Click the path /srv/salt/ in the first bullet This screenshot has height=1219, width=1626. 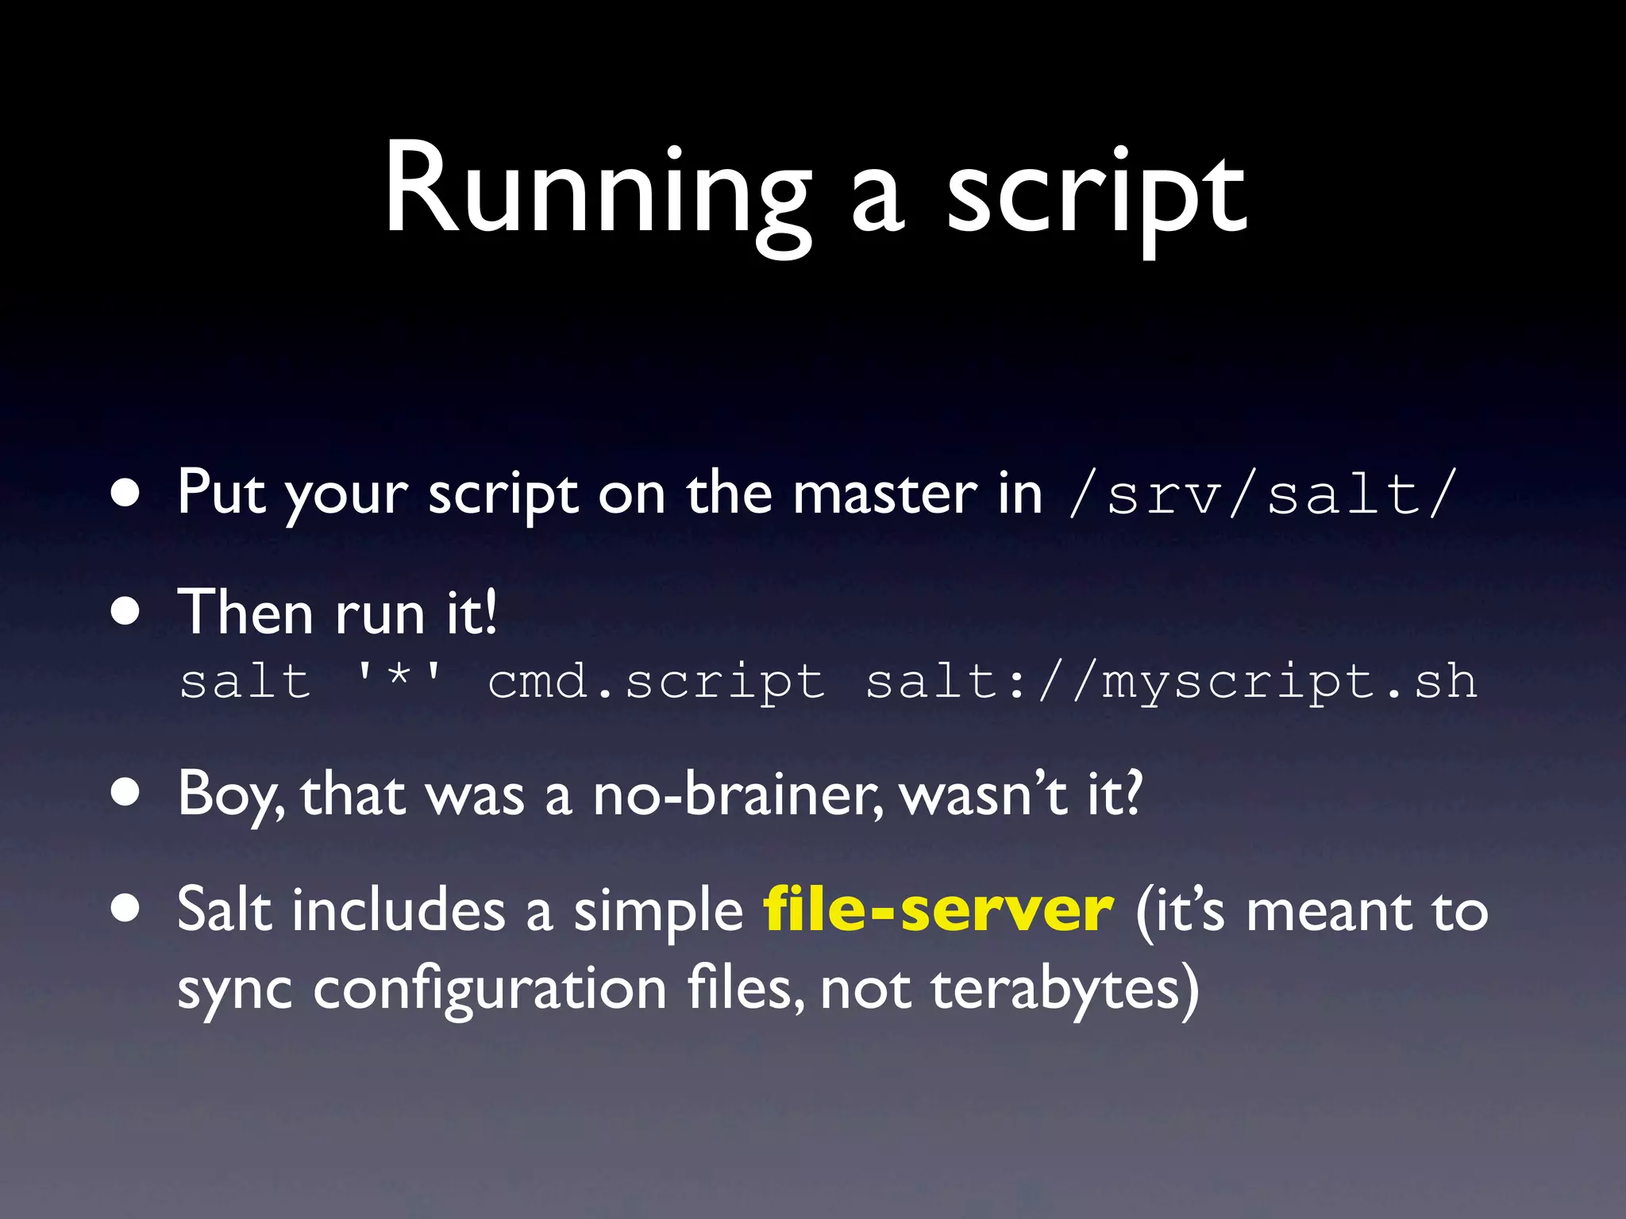click(x=1262, y=494)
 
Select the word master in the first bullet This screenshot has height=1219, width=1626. click(x=884, y=494)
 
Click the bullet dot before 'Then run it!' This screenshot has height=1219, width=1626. click(x=126, y=613)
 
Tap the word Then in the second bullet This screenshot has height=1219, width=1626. click(x=245, y=613)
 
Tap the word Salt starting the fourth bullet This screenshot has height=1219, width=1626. click(x=224, y=909)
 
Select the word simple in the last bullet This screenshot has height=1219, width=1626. click(x=658, y=911)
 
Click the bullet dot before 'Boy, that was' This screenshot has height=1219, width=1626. click(x=126, y=792)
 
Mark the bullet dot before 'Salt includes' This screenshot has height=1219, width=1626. click(x=126, y=908)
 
